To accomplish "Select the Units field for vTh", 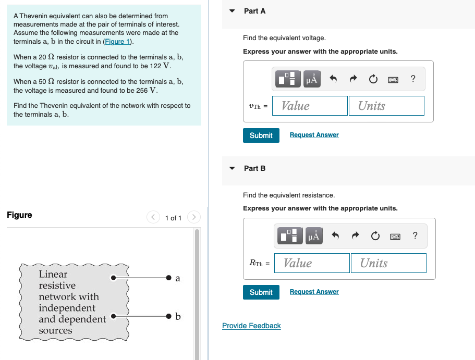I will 386,106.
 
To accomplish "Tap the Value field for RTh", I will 311,263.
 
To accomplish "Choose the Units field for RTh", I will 388,263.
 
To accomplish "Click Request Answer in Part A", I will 314,135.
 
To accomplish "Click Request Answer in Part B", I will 314,292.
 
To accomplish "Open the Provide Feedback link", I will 251,326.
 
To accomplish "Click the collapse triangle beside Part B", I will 233,168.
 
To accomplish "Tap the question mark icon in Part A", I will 413,79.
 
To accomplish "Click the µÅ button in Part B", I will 313,237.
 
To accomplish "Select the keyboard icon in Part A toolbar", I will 393,80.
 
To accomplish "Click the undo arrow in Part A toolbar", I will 334,80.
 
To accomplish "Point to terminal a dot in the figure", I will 168,278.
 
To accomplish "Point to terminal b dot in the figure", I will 168,316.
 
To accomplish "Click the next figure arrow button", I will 193,217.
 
